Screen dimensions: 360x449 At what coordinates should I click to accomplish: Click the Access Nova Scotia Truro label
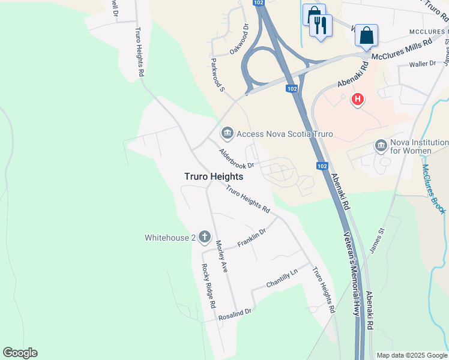[x=285, y=134]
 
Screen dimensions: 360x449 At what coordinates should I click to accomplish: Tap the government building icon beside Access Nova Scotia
[x=227, y=133]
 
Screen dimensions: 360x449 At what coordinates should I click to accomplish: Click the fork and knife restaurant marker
[x=320, y=25]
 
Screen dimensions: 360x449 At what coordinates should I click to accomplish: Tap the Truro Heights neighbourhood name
[x=213, y=176]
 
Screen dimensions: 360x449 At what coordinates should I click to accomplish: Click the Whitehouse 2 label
[x=170, y=238]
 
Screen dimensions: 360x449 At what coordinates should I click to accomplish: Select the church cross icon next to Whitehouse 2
[x=204, y=237]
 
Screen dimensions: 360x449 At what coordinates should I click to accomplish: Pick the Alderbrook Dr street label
[x=237, y=158]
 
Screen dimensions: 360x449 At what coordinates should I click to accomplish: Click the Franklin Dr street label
[x=252, y=237]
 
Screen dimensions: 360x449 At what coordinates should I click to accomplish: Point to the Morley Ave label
[x=221, y=256]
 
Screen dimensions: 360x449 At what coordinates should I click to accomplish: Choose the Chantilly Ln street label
[x=282, y=278]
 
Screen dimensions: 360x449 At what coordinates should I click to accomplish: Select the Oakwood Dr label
[x=239, y=40]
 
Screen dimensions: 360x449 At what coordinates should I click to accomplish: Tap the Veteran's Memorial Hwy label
[x=352, y=275]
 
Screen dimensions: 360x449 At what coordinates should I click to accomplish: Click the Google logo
[x=20, y=353]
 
